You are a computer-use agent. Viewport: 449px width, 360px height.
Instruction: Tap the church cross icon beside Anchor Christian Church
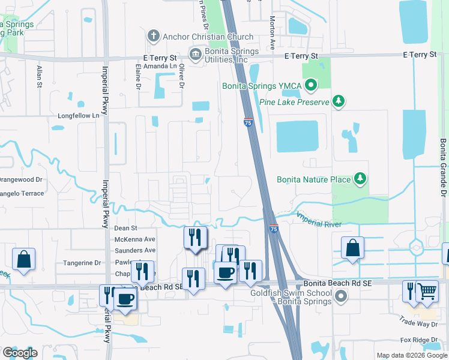pos(154,37)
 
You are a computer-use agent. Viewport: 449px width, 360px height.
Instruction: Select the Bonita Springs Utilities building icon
pos(195,55)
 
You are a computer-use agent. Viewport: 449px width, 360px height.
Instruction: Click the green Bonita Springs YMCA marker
pos(310,86)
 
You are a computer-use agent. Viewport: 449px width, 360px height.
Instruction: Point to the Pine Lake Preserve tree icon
pos(339,101)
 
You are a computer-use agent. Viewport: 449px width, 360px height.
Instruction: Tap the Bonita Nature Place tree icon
pos(360,178)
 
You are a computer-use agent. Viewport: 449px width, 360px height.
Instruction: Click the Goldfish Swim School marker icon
pos(341,296)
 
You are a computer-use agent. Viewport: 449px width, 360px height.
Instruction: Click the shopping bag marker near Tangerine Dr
pos(23,259)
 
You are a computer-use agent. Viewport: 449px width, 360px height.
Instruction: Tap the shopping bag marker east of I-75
pos(352,247)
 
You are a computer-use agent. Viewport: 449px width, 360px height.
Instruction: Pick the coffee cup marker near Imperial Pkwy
pos(125,298)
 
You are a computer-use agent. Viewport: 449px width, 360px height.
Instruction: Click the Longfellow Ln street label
pos(78,115)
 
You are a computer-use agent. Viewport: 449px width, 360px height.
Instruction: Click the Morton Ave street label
pos(272,33)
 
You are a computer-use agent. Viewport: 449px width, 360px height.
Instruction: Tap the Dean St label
pos(125,228)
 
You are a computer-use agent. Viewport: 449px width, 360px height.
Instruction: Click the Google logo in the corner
pos(20,353)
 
